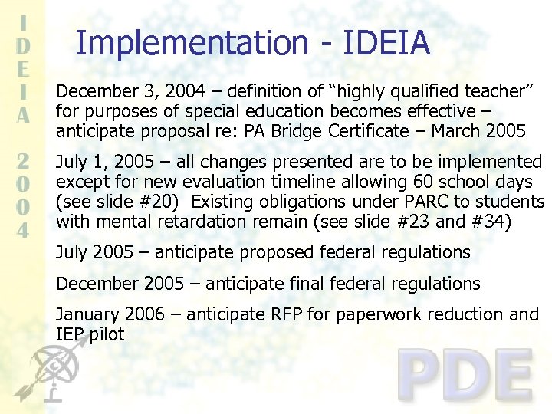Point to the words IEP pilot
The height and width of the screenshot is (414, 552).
pos(90,334)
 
